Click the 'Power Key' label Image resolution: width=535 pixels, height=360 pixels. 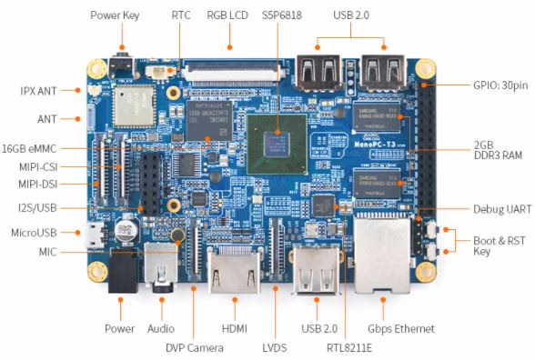click(115, 15)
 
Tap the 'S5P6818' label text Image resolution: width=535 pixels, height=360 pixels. click(282, 15)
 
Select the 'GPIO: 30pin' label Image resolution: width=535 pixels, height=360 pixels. click(500, 85)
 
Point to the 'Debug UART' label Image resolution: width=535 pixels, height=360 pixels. click(502, 209)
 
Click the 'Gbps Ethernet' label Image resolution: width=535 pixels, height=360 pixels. click(401, 329)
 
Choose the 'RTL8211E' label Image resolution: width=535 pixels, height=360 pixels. click(349, 347)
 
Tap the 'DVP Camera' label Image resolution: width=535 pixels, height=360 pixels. click(195, 347)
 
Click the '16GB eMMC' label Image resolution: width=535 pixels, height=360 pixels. click(29, 149)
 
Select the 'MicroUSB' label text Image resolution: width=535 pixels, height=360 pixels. click(34, 233)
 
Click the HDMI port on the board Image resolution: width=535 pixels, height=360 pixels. click(235, 269)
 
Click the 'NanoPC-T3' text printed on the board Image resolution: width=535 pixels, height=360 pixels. click(375, 145)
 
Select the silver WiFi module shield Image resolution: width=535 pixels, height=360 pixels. click(134, 106)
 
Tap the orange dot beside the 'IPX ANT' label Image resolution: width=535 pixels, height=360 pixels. click(78, 90)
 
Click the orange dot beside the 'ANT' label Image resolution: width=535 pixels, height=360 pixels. click(78, 119)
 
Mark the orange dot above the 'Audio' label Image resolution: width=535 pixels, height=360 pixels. click(162, 300)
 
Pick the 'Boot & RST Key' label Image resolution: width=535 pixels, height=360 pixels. click(500, 245)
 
